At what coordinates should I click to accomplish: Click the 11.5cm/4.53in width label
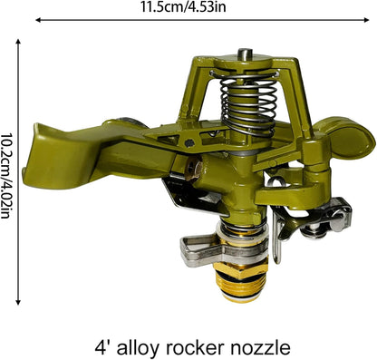coord(183,7)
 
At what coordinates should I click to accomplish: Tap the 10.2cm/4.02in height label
coord(6,176)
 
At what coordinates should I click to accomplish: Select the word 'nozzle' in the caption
coord(261,347)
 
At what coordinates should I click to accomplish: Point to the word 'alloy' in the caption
coord(138,348)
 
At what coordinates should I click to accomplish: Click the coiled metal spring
coord(248,102)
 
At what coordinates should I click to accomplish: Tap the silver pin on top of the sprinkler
coord(243,54)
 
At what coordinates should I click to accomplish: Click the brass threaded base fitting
coord(241,282)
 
